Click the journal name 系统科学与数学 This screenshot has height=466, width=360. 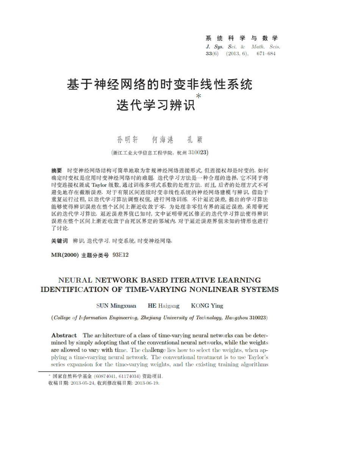241,38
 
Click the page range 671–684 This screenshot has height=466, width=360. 266,54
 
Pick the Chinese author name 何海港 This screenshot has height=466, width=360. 163,140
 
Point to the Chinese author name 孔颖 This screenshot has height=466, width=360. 195,140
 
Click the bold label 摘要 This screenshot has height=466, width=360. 56,170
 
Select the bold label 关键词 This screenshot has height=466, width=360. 59,241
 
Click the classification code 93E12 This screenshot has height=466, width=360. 121,255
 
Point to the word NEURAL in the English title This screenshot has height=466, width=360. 75,280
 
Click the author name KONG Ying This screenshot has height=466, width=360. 207,306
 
